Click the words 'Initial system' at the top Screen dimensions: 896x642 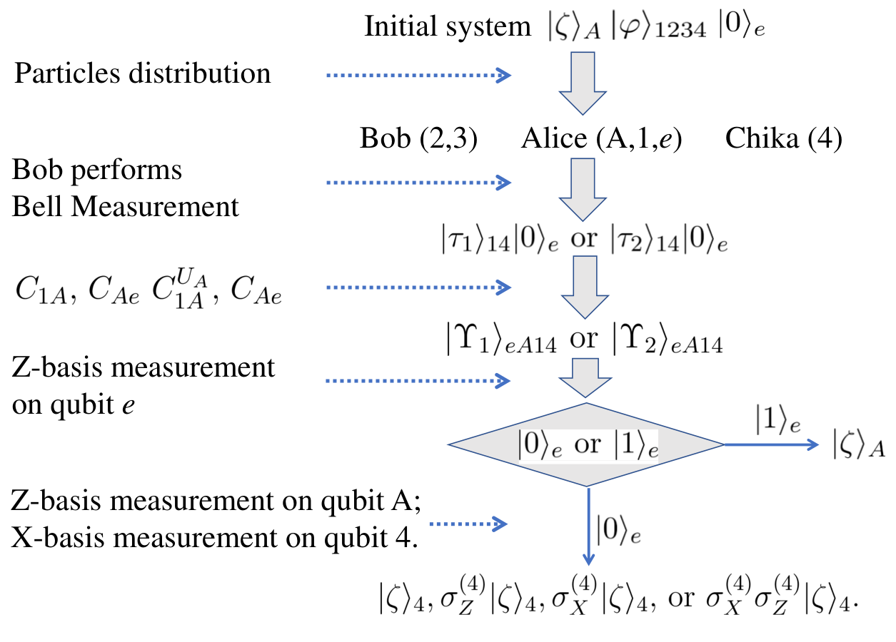(x=448, y=27)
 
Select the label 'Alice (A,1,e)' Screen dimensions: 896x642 (x=601, y=138)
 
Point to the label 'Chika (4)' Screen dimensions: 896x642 (x=784, y=138)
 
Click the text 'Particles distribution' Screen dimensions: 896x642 (x=142, y=73)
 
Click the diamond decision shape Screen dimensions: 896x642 (x=586, y=444)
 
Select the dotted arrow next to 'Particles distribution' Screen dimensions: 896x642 (x=419, y=75)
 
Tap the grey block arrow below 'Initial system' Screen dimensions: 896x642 (x=583, y=83)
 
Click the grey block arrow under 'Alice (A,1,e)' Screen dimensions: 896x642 (x=583, y=190)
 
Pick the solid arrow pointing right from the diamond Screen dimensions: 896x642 (x=772, y=444)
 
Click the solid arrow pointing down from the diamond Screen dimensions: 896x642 (x=588, y=526)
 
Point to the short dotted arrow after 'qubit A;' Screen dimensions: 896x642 (x=468, y=524)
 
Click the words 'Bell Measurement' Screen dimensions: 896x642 (x=125, y=207)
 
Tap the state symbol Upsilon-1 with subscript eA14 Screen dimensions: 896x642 (x=502, y=340)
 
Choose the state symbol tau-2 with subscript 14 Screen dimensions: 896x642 (x=645, y=239)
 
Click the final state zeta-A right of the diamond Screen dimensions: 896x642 (x=859, y=444)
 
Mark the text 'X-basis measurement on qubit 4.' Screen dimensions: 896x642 (x=214, y=538)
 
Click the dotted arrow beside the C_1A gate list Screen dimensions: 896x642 (x=419, y=287)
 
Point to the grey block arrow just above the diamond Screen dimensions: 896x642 (x=585, y=378)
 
